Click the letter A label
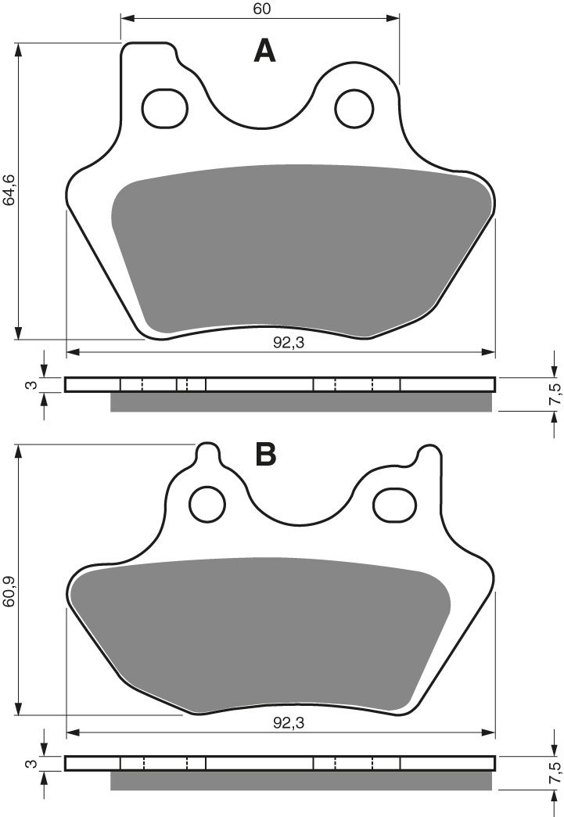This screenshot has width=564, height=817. [x=265, y=52]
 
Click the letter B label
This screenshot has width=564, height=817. [x=264, y=454]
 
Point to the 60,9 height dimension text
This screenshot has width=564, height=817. [x=9, y=581]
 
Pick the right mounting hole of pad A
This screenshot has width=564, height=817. [x=355, y=108]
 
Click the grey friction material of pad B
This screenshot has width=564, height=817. [x=262, y=634]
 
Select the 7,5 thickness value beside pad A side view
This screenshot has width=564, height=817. [x=555, y=394]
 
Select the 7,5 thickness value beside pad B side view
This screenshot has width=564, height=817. [x=555, y=771]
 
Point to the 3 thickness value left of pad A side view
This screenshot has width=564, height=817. [x=29, y=385]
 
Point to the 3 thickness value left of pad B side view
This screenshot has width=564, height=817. [x=29, y=763]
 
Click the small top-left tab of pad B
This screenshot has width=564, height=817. [x=207, y=455]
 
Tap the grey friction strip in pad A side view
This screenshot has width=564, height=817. [x=301, y=402]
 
